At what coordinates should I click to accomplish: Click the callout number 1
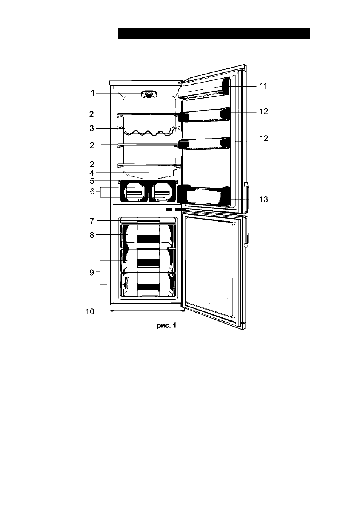coord(92,93)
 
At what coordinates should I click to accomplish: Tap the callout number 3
coord(91,128)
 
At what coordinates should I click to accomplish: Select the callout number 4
coord(92,173)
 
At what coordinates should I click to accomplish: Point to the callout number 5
coord(92,181)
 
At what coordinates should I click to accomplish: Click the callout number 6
coord(92,191)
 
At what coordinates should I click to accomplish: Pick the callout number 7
coord(92,221)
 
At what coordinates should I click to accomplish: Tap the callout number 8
coord(92,235)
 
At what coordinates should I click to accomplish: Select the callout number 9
coord(91,272)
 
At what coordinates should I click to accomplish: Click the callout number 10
coord(90,311)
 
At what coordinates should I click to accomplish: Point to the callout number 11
coord(263,86)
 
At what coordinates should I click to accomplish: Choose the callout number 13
coord(264,199)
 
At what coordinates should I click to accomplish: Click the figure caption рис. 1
coord(166,325)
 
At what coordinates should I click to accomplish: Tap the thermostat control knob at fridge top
coord(149,94)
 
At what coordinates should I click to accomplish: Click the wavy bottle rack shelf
coord(148,132)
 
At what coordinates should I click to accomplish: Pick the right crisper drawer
coord(162,193)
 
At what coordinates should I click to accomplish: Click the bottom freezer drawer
coord(148,285)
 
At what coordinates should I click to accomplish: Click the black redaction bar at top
coord(214,34)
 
